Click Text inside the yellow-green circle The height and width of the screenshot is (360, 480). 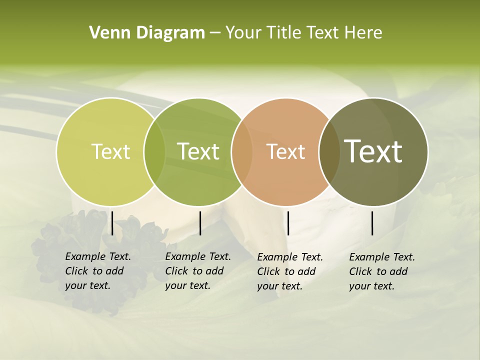pyautogui.click(x=110, y=151)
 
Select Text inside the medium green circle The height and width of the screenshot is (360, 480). pyautogui.click(x=198, y=151)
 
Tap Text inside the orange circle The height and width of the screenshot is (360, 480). pyautogui.click(x=285, y=151)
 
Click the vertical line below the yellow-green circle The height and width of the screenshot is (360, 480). pyautogui.click(x=112, y=223)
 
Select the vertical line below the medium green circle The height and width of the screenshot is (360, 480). pyautogui.click(x=200, y=223)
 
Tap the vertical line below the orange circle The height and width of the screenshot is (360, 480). pyautogui.click(x=288, y=223)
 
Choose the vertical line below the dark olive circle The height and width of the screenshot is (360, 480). pyautogui.click(x=372, y=223)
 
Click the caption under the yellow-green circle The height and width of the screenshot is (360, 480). pyautogui.click(x=97, y=271)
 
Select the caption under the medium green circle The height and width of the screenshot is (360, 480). pyautogui.click(x=197, y=271)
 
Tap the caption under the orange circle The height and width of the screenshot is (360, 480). pyautogui.click(x=289, y=271)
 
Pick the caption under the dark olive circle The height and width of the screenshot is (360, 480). pyautogui.click(x=381, y=271)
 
